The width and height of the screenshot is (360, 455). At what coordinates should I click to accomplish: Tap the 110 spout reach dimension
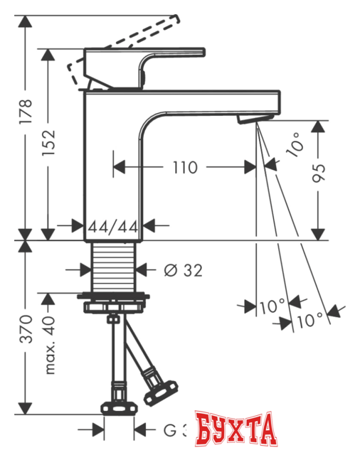185,168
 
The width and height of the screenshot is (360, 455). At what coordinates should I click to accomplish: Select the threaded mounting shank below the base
114,267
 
